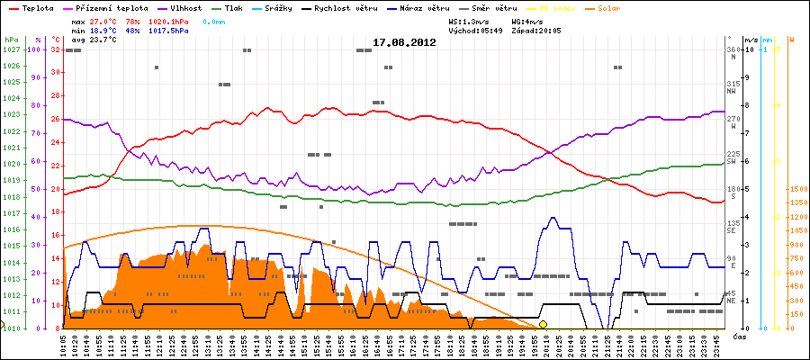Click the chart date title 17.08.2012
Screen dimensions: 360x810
click(405, 42)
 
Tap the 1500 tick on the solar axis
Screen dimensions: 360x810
click(796, 189)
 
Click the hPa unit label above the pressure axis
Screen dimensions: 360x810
click(11, 40)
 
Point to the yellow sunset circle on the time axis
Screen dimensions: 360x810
click(543, 324)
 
